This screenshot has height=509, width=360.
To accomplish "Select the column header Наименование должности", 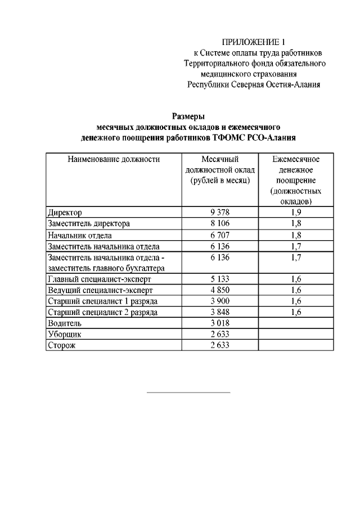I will coord(114,160).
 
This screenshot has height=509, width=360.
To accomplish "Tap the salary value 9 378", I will coord(220,213).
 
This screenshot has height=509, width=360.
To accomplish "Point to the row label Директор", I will coord(65,213).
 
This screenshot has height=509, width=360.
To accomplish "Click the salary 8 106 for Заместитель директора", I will coord(220,223).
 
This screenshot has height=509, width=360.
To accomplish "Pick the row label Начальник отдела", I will coord(80,235).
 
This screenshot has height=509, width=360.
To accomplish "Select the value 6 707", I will coord(220,235).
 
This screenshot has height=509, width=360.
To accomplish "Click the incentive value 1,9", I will coord(296,213).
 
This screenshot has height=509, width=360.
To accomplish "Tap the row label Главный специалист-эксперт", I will coord(100,279).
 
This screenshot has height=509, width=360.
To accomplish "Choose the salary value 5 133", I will coord(220,279).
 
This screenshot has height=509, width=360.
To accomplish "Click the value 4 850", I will coord(220,290).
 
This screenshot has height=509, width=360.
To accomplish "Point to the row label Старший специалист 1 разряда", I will coord(102,301).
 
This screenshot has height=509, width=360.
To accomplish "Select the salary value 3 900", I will coord(220,301).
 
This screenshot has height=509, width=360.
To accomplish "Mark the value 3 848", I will coord(220,312).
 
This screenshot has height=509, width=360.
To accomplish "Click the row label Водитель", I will coord(65,323).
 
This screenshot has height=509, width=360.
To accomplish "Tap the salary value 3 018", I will coord(220,323).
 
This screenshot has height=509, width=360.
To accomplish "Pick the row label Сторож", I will coord(62,345).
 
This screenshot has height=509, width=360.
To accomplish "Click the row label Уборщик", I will coord(65,334).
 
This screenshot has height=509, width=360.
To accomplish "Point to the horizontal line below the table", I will coord(188,392).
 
